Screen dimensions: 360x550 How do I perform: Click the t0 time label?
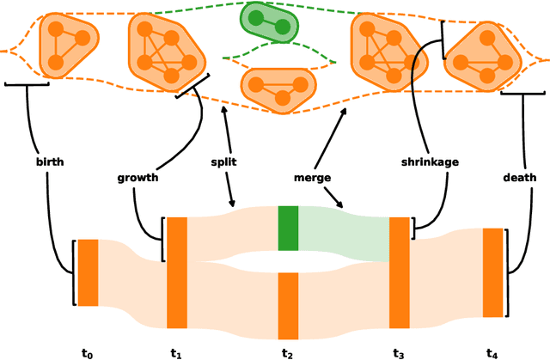coord(87,352)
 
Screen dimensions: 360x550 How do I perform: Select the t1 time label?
coord(177,352)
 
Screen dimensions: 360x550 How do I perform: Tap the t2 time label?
coord(288,352)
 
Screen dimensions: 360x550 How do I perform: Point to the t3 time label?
coord(400,352)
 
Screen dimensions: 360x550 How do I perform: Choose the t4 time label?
coord(492,352)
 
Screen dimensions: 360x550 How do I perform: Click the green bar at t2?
coord(288,228)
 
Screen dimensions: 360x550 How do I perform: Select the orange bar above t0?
coord(89,272)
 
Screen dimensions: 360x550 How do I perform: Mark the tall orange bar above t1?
coord(177,272)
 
